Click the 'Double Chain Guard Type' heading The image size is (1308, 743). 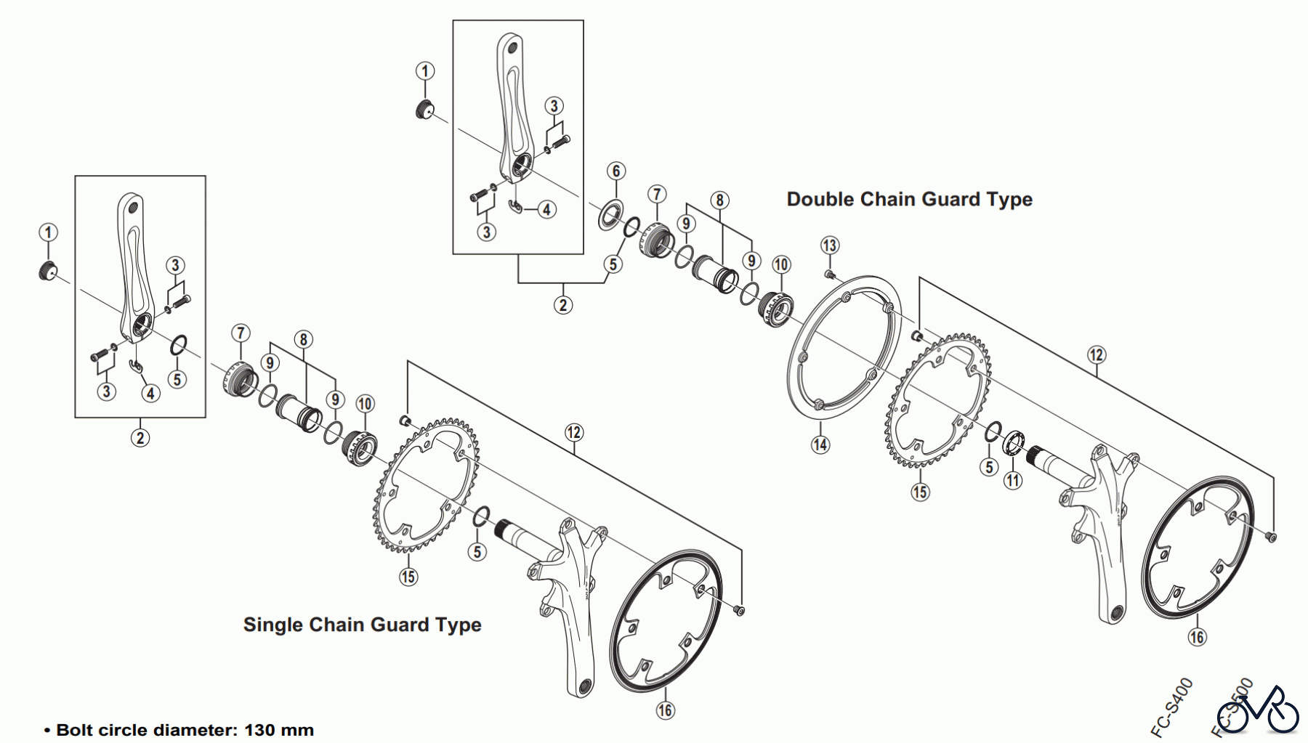click(909, 200)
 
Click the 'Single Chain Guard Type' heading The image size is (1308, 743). click(362, 625)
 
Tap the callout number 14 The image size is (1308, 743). click(820, 444)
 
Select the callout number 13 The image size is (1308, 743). click(830, 245)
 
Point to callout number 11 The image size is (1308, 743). click(1013, 480)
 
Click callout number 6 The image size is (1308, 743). click(616, 171)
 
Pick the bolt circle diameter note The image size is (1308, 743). click(179, 730)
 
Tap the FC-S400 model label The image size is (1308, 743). click(1171, 707)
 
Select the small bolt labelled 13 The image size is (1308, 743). click(828, 274)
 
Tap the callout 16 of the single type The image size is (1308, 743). click(666, 710)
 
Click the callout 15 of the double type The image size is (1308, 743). click(920, 492)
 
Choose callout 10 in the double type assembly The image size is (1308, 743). click(781, 264)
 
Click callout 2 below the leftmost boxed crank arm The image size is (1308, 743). click(140, 438)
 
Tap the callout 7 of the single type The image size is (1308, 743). click(241, 333)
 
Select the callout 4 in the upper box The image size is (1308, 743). click(546, 210)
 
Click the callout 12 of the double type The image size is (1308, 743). click(1097, 355)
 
